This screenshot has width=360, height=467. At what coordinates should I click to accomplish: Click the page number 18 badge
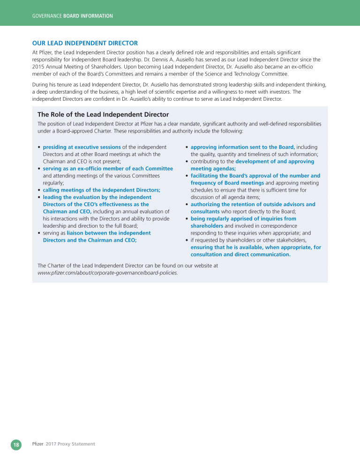[x=16, y=444]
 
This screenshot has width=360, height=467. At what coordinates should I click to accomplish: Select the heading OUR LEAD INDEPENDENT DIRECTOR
[x=85, y=43]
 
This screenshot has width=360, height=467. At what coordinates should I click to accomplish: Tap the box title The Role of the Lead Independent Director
[x=103, y=114]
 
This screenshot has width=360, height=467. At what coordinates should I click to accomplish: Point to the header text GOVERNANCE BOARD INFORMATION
[x=72, y=16]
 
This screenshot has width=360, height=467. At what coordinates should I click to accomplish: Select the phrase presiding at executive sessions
[x=82, y=147]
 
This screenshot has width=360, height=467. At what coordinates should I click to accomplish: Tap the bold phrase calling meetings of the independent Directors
[x=102, y=190]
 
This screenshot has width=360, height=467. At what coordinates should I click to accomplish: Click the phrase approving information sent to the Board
[x=242, y=147]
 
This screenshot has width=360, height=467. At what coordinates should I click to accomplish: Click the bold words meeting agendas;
[x=213, y=169]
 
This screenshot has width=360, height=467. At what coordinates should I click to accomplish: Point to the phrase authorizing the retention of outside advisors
[x=253, y=204]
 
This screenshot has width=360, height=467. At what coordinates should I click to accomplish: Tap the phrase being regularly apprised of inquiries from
[x=243, y=218]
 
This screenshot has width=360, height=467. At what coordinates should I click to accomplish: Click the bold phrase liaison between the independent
[x=109, y=233]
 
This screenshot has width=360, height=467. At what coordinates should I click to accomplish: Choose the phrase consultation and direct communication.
[x=240, y=254]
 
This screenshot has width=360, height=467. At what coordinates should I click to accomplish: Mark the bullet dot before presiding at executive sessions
[x=38, y=148]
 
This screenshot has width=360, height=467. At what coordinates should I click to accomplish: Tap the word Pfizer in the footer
[x=37, y=444]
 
